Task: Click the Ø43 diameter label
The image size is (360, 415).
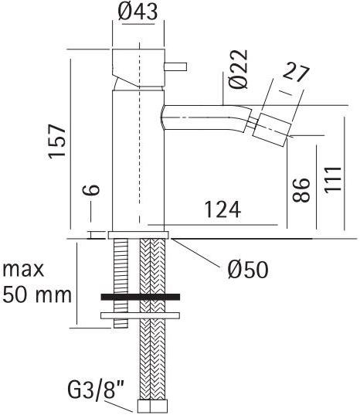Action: click(140, 13)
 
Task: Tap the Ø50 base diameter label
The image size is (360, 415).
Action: click(247, 269)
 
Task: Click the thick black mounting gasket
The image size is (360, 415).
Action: click(140, 297)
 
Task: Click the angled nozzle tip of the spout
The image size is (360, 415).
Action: click(274, 126)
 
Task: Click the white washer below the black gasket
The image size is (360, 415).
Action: click(140, 314)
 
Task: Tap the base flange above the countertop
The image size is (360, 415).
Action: click(140, 233)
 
